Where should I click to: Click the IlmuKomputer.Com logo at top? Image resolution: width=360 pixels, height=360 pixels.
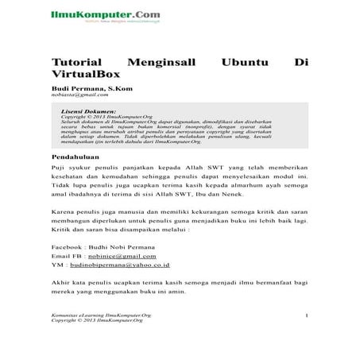(x=93, y=14)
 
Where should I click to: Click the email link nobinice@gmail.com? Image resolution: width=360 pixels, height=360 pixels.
(x=121, y=257)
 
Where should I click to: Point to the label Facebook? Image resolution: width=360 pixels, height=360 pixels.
(x=67, y=246)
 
